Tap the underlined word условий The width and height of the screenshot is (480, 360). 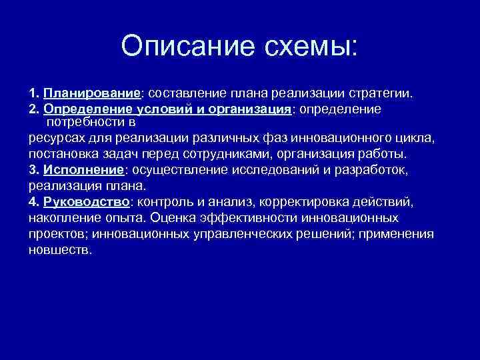point(165,108)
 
